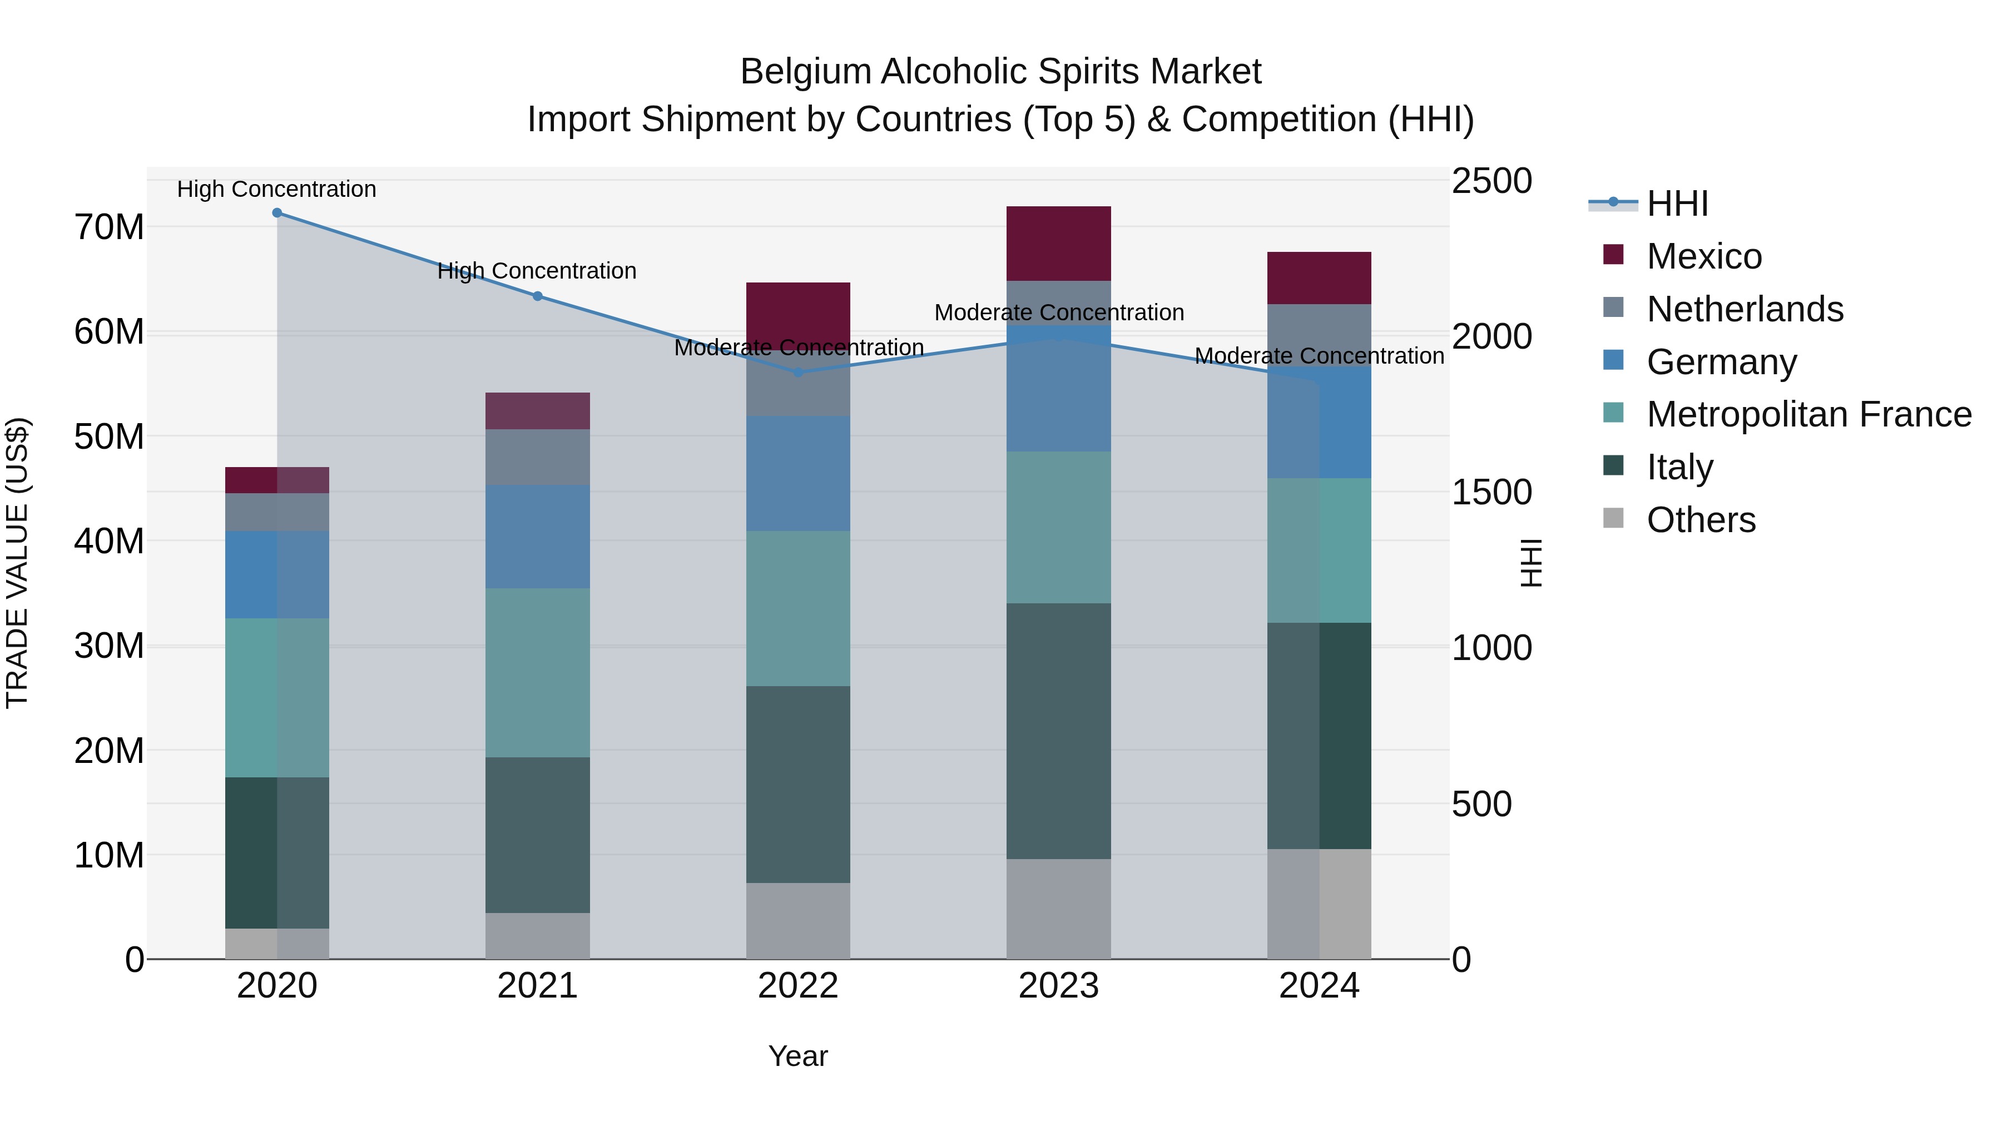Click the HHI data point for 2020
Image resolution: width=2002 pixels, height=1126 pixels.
click(277, 213)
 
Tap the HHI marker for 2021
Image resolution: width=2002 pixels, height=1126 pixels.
click(538, 296)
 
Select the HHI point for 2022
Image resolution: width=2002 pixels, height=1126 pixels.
click(798, 372)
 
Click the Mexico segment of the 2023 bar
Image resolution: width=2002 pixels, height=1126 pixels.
click(1058, 243)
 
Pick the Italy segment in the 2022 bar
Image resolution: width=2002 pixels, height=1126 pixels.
click(798, 784)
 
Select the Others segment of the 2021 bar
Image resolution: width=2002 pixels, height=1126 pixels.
click(538, 936)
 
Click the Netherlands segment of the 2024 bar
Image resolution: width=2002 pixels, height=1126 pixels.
click(1319, 335)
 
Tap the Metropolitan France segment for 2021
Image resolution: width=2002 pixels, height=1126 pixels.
click(538, 672)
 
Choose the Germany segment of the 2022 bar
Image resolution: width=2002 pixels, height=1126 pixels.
click(798, 473)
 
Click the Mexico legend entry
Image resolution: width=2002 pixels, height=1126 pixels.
click(1703, 256)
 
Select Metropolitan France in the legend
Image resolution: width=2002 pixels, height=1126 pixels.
click(1808, 415)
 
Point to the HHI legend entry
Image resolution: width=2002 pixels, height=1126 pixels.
click(1677, 204)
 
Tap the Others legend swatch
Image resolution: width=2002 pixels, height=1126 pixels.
click(1613, 518)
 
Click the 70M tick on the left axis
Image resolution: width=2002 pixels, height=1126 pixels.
click(109, 227)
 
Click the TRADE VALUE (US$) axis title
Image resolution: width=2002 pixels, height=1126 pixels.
click(18, 563)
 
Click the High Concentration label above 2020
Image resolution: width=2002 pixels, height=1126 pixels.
click(277, 189)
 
